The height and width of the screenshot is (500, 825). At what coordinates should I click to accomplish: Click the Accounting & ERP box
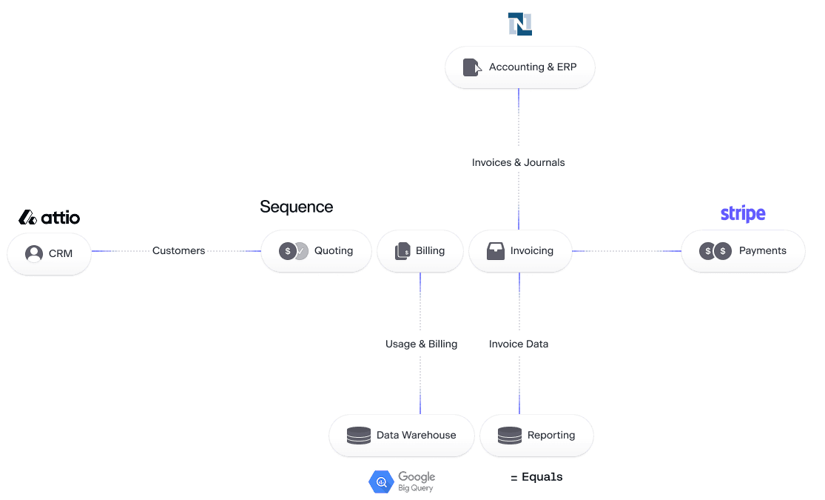coord(519,67)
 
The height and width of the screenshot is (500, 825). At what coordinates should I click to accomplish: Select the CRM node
coord(49,253)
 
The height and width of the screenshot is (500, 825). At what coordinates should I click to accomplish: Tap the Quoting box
coord(316,251)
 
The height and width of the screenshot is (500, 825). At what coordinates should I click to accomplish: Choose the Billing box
coord(420,251)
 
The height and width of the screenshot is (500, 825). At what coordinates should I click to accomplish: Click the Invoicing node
coord(520,251)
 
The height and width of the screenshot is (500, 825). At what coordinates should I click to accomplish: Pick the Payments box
coord(742,251)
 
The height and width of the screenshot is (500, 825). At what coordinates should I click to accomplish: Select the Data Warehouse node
coord(401,436)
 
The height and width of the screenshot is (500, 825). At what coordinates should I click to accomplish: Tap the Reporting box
coord(536,436)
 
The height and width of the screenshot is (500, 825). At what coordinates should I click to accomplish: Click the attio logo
coord(49,218)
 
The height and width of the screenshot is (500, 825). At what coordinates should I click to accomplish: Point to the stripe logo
coord(742,214)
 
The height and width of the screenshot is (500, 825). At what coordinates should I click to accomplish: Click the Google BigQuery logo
coord(402,481)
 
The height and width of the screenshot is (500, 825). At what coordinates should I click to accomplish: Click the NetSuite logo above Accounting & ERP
coord(519,24)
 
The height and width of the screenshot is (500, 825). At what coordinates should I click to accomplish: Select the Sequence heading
coord(296,207)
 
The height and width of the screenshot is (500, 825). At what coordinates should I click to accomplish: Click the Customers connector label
coord(178,251)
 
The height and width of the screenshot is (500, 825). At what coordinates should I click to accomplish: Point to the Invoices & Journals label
coord(518,162)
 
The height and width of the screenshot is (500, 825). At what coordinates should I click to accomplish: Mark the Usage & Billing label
coord(421,344)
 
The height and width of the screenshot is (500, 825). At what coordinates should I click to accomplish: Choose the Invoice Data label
coord(518,344)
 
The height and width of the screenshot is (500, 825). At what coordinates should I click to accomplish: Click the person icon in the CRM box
coord(34,253)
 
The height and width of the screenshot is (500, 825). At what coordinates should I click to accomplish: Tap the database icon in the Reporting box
coord(509,436)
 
